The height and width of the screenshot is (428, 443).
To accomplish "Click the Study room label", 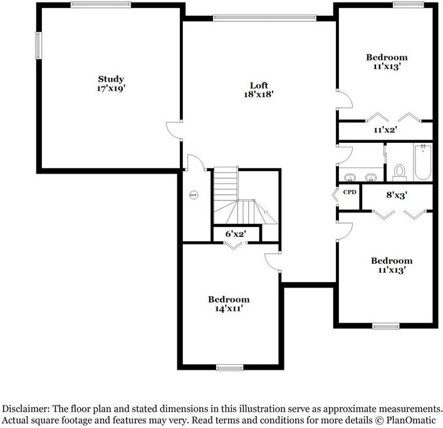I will (x=111, y=79).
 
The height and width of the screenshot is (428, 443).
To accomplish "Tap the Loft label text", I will (x=259, y=85).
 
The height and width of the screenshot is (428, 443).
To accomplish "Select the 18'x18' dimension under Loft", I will (x=259, y=94).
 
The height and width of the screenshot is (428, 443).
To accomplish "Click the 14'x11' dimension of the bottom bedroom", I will (x=229, y=308).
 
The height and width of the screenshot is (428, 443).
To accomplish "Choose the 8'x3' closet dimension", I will (x=397, y=195).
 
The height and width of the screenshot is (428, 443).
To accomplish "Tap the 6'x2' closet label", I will (x=236, y=234).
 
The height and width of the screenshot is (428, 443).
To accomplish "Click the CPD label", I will (x=350, y=192).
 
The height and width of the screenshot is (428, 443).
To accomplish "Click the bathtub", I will (x=423, y=162).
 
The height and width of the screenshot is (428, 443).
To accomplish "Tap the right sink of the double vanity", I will (x=372, y=175).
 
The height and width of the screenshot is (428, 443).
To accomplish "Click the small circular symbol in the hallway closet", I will (x=193, y=195).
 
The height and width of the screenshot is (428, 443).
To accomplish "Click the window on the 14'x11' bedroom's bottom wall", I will (x=229, y=367).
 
